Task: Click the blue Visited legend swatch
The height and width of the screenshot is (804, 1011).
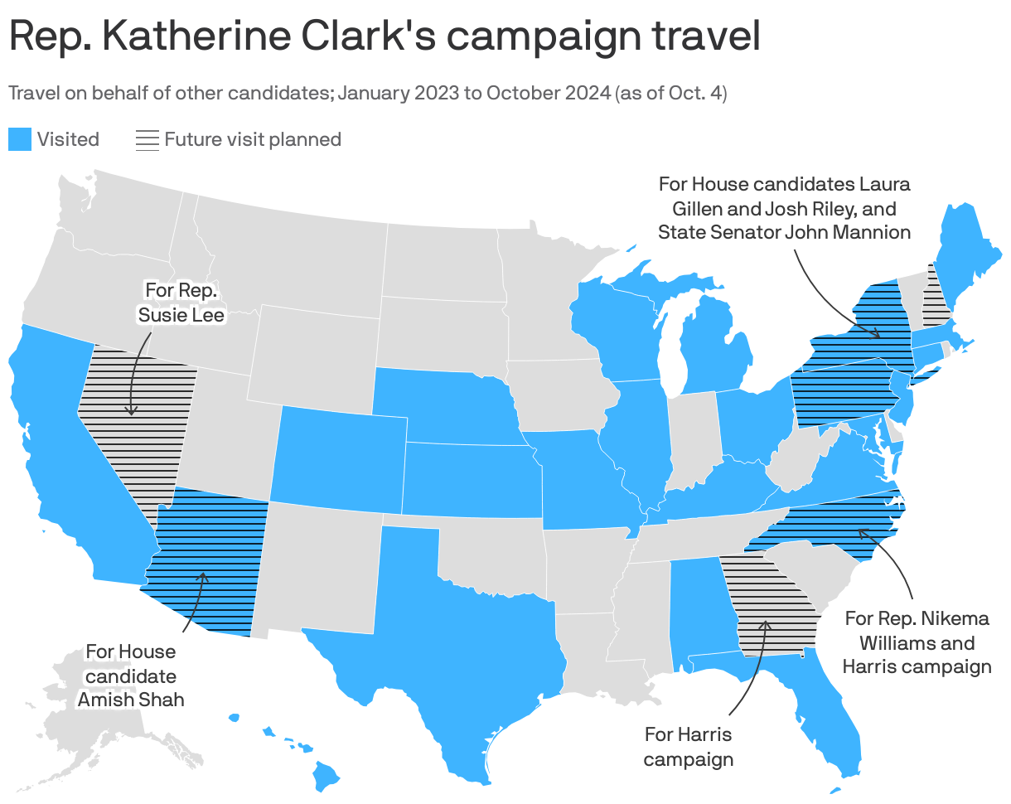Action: (20, 139)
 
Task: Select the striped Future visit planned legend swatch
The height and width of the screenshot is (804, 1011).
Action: (148, 139)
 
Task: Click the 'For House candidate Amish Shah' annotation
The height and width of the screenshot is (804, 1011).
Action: (131, 676)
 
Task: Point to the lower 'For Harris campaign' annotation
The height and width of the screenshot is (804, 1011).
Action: (688, 746)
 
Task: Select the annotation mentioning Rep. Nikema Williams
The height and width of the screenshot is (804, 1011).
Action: (917, 642)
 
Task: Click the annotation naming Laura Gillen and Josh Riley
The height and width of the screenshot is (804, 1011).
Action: (784, 207)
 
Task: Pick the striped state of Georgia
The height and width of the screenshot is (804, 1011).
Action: (767, 605)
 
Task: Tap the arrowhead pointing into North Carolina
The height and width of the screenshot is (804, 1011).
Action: (861, 532)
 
